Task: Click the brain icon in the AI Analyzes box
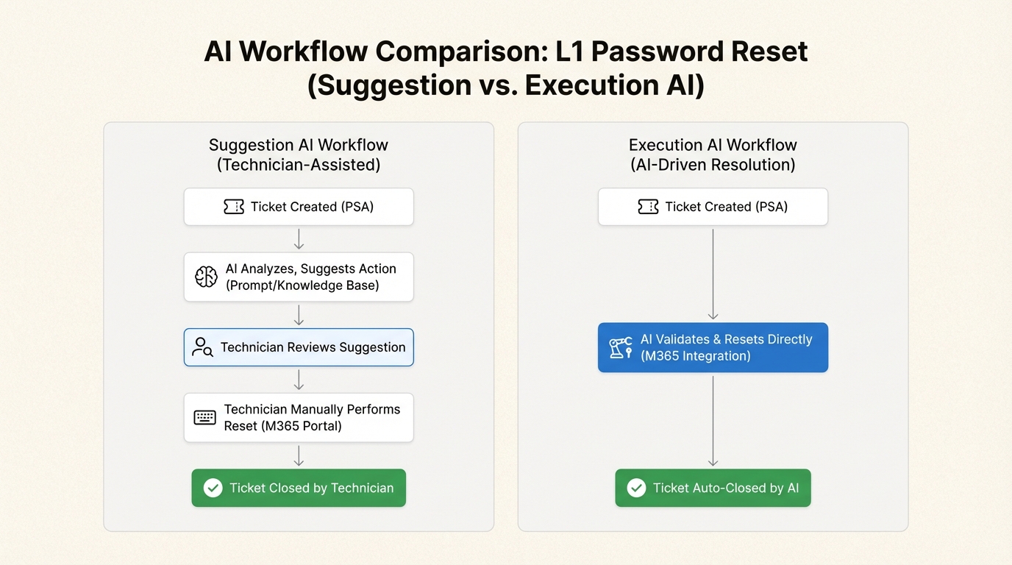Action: pos(206,277)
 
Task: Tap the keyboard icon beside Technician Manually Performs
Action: pos(204,418)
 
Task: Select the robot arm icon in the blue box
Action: pos(621,347)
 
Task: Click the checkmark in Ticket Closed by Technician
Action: pos(213,488)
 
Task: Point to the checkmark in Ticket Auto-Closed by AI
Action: pos(636,488)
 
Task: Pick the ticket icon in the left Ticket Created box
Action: pos(234,207)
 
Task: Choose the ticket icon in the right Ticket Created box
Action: pos(648,207)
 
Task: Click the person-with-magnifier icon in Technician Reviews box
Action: pos(202,347)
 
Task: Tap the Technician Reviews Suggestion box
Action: pos(299,347)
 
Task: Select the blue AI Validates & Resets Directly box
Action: pos(713,347)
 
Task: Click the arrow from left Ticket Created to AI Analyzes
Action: pos(299,239)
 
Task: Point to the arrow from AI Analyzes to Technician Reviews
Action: pos(299,315)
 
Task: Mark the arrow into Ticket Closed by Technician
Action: pos(299,455)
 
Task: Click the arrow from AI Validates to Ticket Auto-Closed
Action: pos(713,420)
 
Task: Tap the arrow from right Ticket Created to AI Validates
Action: pos(713,274)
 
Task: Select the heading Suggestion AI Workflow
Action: pos(299,145)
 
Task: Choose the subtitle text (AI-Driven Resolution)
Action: pos(713,165)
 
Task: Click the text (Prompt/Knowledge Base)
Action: pos(302,285)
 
